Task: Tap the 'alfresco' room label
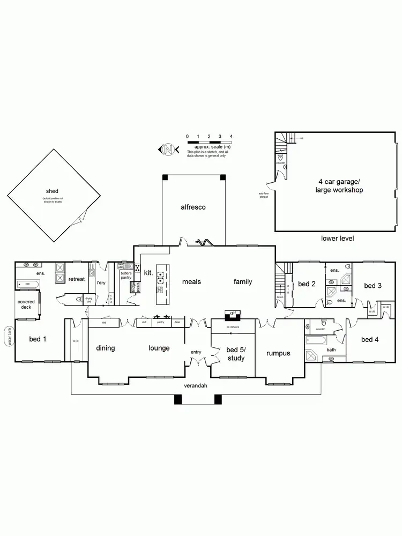(x=193, y=207)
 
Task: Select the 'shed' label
(x=52, y=191)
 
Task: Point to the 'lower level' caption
(x=337, y=239)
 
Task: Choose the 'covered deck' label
(x=26, y=305)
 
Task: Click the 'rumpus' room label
(x=279, y=353)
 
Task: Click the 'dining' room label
(x=106, y=348)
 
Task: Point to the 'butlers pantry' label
(x=126, y=276)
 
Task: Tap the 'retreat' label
(x=76, y=279)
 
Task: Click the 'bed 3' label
(x=373, y=286)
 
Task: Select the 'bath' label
(x=331, y=349)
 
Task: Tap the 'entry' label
(x=196, y=352)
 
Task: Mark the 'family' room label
(x=243, y=282)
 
